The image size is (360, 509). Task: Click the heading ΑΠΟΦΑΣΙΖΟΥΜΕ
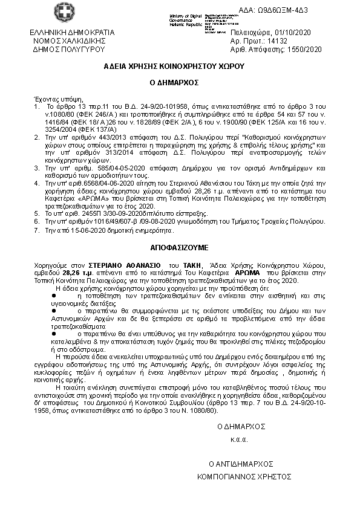click(180, 247)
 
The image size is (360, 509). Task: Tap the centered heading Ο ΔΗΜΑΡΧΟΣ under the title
click(180, 82)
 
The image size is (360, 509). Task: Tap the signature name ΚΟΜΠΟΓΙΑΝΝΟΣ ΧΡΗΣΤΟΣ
click(240, 476)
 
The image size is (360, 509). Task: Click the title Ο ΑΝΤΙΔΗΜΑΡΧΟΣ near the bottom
click(240, 464)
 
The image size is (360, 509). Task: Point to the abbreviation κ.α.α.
click(240, 439)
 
